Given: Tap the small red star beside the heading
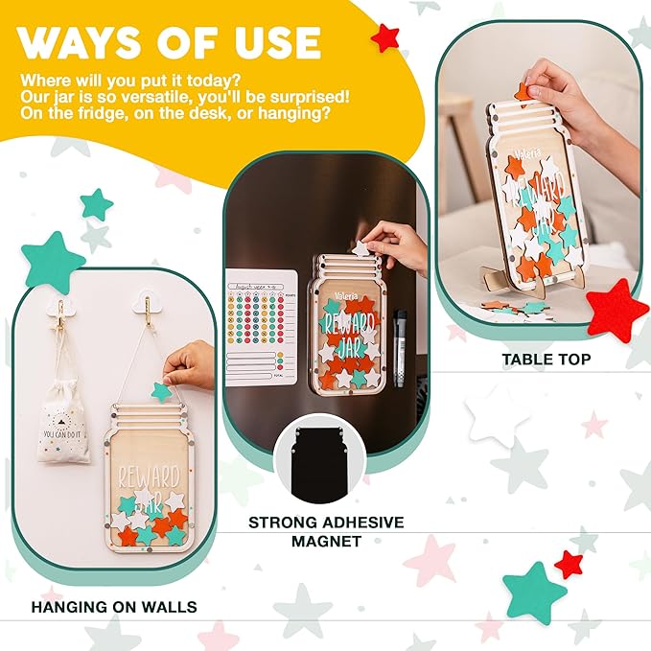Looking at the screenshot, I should point(385,37).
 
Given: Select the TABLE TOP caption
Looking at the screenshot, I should point(546,360).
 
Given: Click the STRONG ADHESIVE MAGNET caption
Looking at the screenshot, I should point(326,532).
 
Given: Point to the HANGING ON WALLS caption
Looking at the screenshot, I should point(114,606).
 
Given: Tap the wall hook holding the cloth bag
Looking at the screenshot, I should point(60,309).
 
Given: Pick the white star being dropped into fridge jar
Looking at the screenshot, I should point(361,248).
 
